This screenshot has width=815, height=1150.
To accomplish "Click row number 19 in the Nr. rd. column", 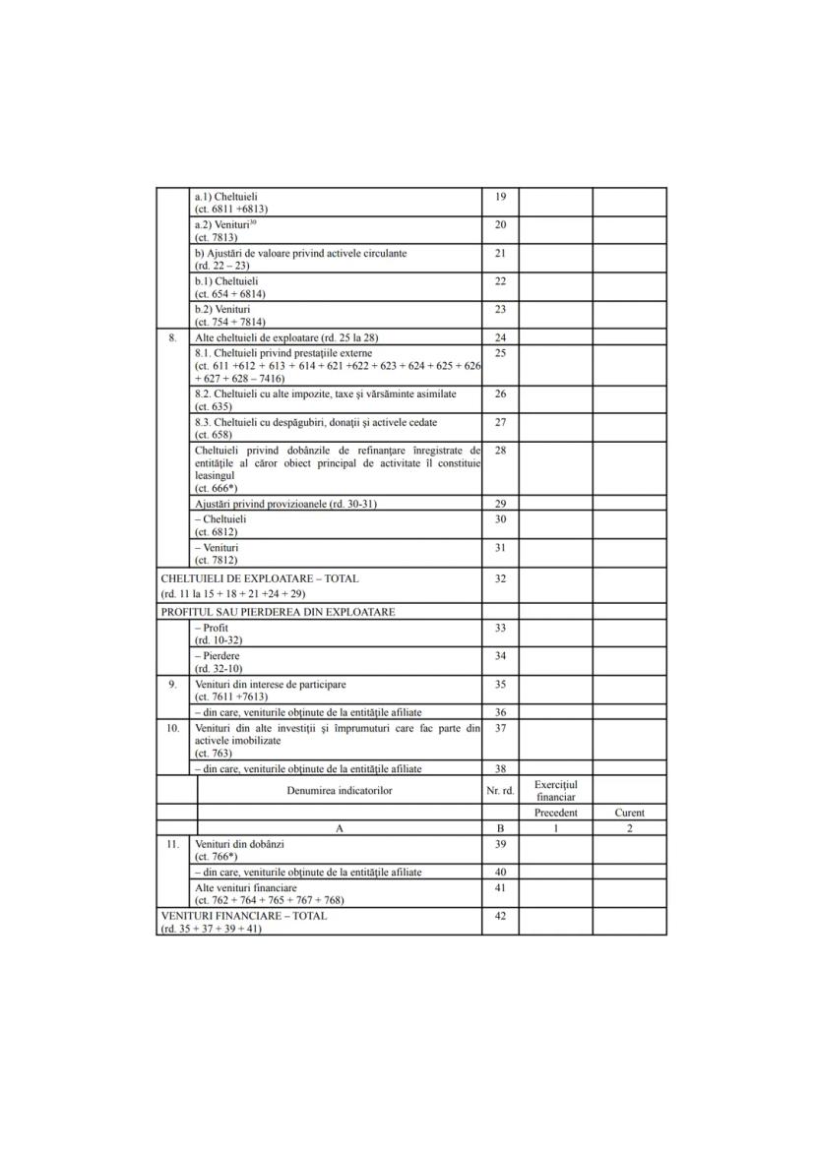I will pyautogui.click(x=500, y=197).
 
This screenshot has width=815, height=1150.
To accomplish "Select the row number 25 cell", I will pyautogui.click(x=500, y=352).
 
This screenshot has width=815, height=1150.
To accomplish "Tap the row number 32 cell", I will pyautogui.click(x=500, y=578).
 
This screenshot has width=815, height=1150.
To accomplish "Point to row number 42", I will pyautogui.click(x=500, y=916).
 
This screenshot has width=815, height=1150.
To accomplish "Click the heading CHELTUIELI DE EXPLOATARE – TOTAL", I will pyautogui.click(x=260, y=578).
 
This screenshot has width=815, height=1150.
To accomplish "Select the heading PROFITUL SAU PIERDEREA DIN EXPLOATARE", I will pyautogui.click(x=278, y=612).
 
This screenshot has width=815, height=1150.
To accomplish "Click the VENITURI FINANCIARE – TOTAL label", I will pyautogui.click(x=244, y=916).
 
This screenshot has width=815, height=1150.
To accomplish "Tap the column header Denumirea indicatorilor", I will pyautogui.click(x=339, y=790).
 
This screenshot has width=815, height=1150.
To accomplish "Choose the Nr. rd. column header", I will pyautogui.click(x=500, y=790).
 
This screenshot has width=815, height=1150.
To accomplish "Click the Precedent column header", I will pyautogui.click(x=555, y=814).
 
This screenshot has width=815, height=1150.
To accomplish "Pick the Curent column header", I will pyautogui.click(x=629, y=814).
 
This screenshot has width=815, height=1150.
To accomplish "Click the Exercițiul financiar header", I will pyautogui.click(x=555, y=790).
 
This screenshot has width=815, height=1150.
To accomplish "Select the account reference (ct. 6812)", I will pyautogui.click(x=217, y=531).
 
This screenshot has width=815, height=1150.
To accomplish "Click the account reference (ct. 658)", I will pyautogui.click(x=214, y=434).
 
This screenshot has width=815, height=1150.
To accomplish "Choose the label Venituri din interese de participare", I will pyautogui.click(x=270, y=684).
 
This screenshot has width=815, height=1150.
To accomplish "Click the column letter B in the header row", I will pyautogui.click(x=500, y=829).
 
